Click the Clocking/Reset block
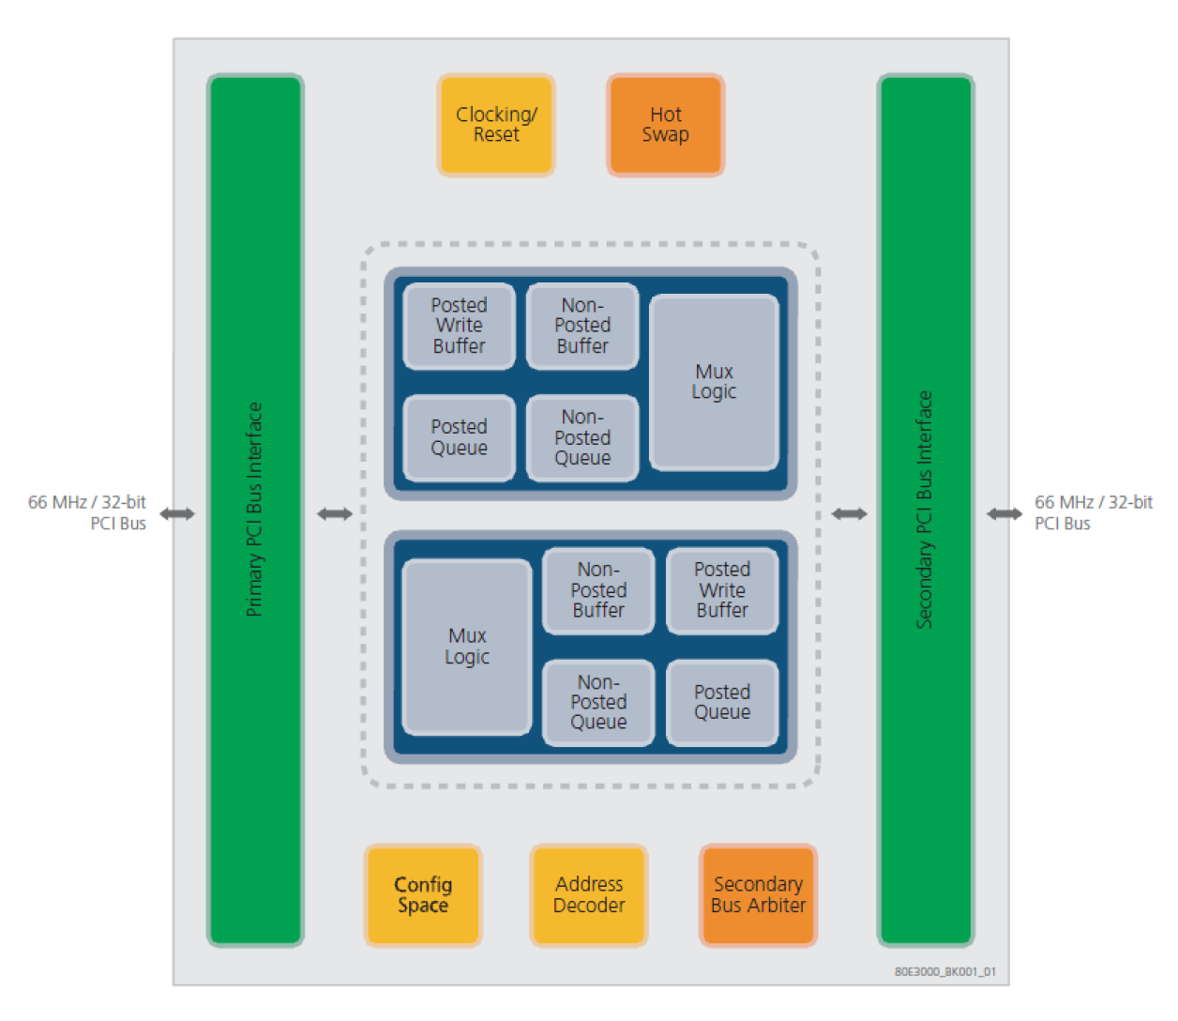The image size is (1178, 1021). pos(496,125)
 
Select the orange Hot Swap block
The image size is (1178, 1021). pos(665,125)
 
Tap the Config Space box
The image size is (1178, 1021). pos(423,895)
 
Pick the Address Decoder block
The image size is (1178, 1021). pos(589,895)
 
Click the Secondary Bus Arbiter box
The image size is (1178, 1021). pos(758,895)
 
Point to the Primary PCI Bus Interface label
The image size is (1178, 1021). pos(254,510)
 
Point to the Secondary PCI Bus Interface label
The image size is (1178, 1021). pos(925,510)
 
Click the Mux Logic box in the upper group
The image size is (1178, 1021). pos(714,382)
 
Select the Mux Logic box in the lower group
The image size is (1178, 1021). pos(467,647)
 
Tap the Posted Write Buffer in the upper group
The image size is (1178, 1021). pos(459,326)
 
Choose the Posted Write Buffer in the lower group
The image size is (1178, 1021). pos(722,590)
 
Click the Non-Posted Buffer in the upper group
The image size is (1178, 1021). pos(582,326)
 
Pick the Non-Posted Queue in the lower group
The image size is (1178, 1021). pos(598,703)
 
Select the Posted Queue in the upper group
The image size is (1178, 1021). pos(459,437)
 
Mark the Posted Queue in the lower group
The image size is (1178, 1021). pos(722,703)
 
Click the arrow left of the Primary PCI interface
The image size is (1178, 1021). pos(177,513)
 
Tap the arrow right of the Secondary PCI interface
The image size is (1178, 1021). pos(1004,513)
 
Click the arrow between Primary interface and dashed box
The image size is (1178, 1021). pos(335,513)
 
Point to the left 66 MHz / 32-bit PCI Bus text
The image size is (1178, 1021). pos(88,512)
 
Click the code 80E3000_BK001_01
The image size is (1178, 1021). pos(944,972)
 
